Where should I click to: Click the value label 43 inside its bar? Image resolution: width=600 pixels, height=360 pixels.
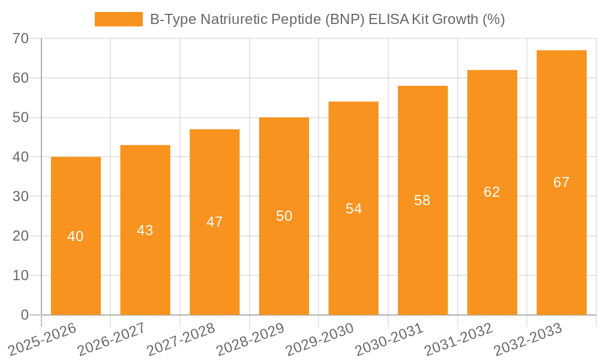(x=145, y=230)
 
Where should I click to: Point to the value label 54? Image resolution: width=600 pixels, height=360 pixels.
(x=353, y=209)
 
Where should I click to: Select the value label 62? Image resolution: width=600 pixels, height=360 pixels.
(x=491, y=192)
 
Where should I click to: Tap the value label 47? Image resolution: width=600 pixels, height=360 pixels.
(x=214, y=222)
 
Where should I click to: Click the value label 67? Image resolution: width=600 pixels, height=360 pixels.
(x=561, y=182)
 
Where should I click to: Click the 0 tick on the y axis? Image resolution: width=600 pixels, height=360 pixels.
(x=25, y=315)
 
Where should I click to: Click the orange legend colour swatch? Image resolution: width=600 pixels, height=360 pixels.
(x=119, y=20)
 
